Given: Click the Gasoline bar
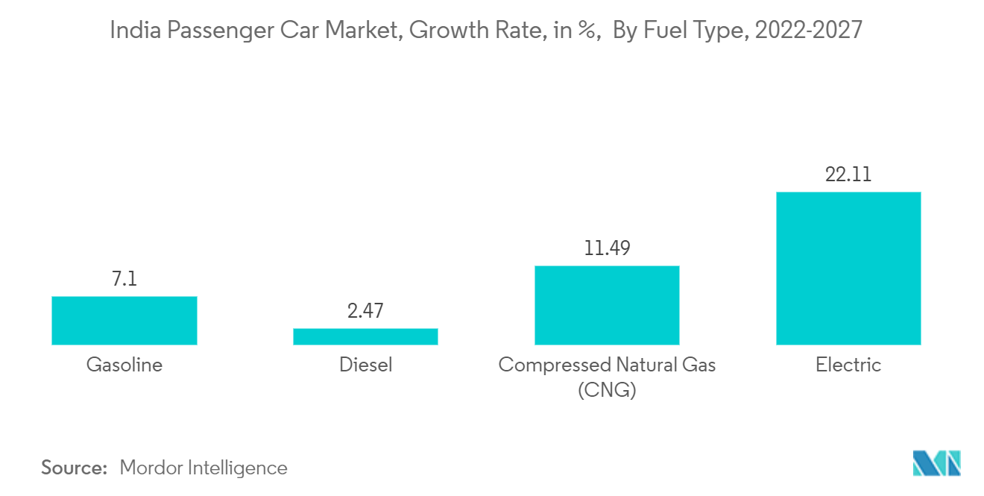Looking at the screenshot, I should (124, 321).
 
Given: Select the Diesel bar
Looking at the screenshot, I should (365, 336).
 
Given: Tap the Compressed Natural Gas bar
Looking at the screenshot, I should (607, 305).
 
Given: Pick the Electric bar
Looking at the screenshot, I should (848, 269).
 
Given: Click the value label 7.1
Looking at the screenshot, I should (124, 279).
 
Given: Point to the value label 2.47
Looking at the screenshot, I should (365, 311).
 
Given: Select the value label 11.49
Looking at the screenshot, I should (607, 248).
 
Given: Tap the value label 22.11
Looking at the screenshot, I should (848, 175).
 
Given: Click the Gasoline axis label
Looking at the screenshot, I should (124, 365).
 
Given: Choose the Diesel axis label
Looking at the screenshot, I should (365, 365).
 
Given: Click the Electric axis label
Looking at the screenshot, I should (848, 365).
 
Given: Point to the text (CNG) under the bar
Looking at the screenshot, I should (607, 390).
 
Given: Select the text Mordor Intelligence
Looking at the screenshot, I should (203, 468).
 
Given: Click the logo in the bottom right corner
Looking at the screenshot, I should (936, 463).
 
